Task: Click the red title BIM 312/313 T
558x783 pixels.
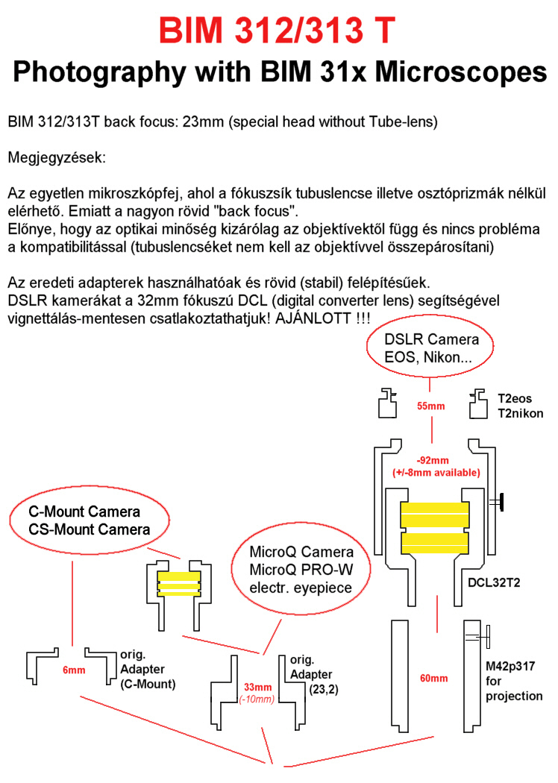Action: tap(279, 31)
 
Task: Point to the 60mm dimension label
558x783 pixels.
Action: tap(433, 678)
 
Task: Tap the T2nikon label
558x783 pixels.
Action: tap(519, 413)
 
